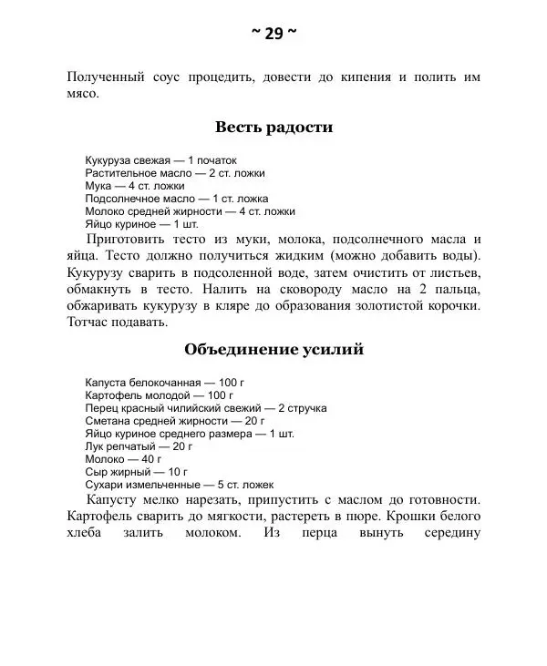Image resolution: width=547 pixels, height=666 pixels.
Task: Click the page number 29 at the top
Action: coord(273,34)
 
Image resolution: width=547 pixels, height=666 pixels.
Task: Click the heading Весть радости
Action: coord(273,128)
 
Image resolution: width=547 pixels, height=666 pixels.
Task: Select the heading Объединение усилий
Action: coord(273,349)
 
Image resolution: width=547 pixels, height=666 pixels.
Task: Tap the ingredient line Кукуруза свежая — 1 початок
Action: coord(153,159)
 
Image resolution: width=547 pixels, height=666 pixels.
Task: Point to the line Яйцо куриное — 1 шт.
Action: coord(141,223)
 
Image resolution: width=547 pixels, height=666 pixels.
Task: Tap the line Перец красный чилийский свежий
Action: coord(205,408)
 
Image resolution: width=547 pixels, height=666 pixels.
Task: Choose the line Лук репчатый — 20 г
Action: coord(139,446)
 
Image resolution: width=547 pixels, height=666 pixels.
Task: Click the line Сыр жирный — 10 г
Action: coord(136,472)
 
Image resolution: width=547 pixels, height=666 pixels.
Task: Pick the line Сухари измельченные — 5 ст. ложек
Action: coord(179,485)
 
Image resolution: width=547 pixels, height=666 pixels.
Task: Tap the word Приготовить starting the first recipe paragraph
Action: coord(128,239)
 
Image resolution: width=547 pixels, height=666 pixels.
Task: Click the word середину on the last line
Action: coord(449,533)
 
